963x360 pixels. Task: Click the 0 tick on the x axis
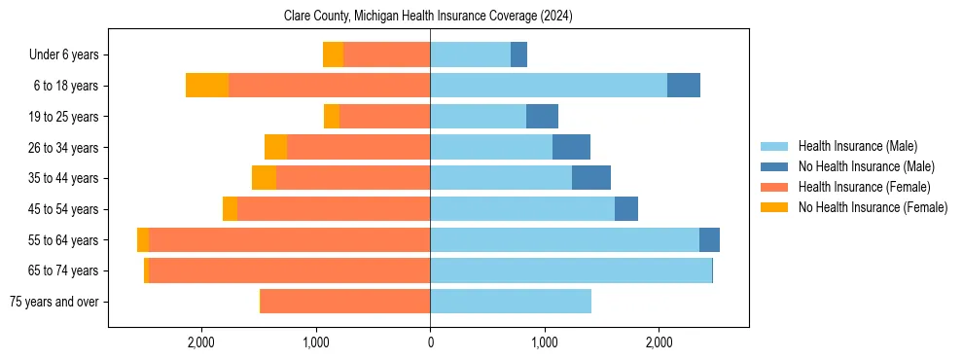(430, 342)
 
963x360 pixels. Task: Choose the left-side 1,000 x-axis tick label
(316, 342)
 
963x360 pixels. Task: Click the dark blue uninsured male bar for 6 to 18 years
(684, 86)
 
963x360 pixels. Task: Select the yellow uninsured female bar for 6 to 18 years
(207, 86)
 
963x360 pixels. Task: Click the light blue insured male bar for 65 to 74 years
(571, 270)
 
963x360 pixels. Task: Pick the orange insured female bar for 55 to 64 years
(290, 240)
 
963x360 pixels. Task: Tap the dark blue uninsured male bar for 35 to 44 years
(591, 178)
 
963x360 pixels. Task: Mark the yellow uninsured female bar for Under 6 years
(333, 55)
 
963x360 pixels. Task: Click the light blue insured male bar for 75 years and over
(511, 302)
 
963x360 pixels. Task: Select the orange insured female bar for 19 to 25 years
(384, 117)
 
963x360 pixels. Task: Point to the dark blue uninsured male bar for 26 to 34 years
(571, 148)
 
